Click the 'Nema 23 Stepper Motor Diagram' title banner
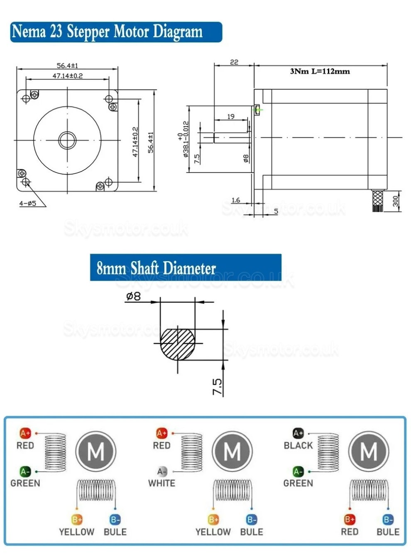pos(116,32)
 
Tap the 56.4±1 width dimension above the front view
pos(67,66)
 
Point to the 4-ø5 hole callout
pos(27,203)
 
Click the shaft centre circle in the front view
pos(67,140)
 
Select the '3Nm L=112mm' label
pos(320,71)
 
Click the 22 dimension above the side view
pos(234,62)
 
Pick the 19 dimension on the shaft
pos(231,116)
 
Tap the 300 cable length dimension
pos(395,201)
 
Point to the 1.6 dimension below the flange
pos(236,200)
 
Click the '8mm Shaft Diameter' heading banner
pos(186,268)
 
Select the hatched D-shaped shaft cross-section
pos(177,344)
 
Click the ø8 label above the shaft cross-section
pos(133,297)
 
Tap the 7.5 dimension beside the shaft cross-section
pos(218,386)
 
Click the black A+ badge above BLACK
pos(298,433)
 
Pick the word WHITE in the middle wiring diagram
pos(161,483)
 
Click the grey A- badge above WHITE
pos(161,472)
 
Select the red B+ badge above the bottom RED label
pos(350,519)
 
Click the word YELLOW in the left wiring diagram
pos(77,532)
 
